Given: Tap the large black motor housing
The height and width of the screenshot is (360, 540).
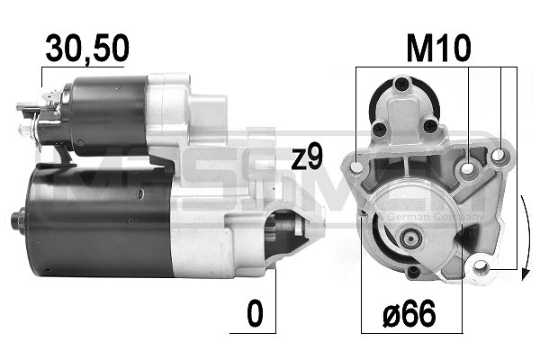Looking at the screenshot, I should (x=99, y=219).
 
